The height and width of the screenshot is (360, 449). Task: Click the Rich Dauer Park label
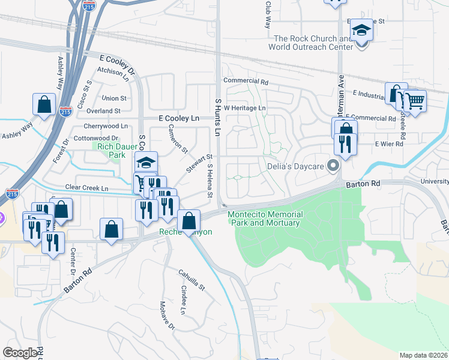(109, 149)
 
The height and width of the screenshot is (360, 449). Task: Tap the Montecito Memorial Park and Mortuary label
(265, 218)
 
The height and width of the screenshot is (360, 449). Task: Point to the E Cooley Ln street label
(179, 119)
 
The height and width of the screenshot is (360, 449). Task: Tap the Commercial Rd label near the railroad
(246, 80)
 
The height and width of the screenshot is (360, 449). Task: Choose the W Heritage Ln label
(244, 107)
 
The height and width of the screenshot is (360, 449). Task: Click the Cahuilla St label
(191, 280)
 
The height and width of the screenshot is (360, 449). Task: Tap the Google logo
(20, 353)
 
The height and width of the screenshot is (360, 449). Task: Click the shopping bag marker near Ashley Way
(44, 104)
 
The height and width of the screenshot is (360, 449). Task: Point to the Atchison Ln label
(113, 74)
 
